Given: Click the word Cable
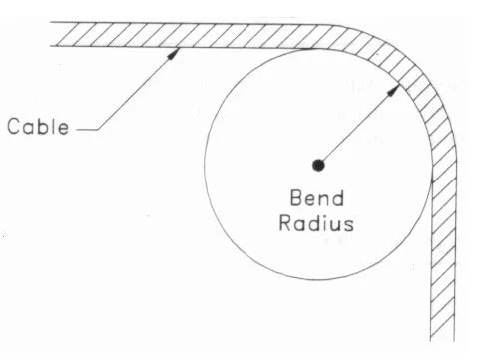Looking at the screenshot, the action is pyautogui.click(x=38, y=126).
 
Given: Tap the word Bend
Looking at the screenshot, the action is pyautogui.click(x=317, y=198).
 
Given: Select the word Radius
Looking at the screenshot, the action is pyautogui.click(x=316, y=223).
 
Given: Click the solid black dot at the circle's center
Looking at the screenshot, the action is pyautogui.click(x=318, y=165).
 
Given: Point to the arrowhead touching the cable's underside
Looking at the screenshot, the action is pyautogui.click(x=173, y=54).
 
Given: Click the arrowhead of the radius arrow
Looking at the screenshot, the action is pyautogui.click(x=393, y=90).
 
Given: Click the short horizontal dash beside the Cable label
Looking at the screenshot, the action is pyautogui.click(x=87, y=130).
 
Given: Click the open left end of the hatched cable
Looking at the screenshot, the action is pyautogui.click(x=51, y=34).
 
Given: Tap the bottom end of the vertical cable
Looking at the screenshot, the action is pyautogui.click(x=442, y=340).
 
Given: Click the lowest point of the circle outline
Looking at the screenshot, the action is pyautogui.click(x=317, y=279).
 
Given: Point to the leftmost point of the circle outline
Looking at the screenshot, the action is pyautogui.click(x=205, y=166).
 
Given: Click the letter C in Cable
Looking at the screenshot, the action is pyautogui.click(x=14, y=127).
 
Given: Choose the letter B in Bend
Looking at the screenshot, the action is pyautogui.click(x=296, y=198).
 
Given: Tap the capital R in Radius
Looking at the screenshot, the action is pyautogui.click(x=285, y=223).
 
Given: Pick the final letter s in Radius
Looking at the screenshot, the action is pyautogui.click(x=349, y=225).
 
